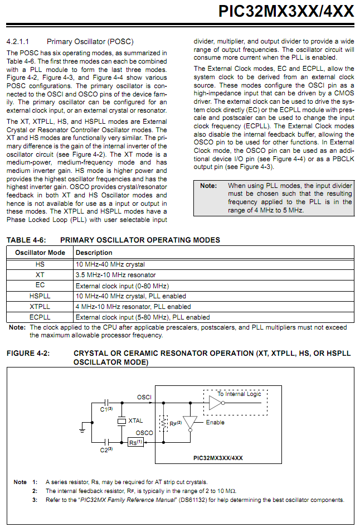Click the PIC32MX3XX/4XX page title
[286, 11]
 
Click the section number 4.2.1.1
[18, 41]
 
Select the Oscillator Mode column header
[40, 253]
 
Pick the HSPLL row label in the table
[40, 296]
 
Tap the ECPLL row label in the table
[40, 317]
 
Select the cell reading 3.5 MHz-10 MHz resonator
[115, 275]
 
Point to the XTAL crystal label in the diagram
[136, 420]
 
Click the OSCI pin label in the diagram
[144, 397]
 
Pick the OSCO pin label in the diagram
[144, 433]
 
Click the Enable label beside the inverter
[215, 422]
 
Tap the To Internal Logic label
[239, 394]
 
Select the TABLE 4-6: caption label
[26, 240]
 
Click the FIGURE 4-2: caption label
[28, 354]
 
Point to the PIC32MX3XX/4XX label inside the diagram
[215, 457]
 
